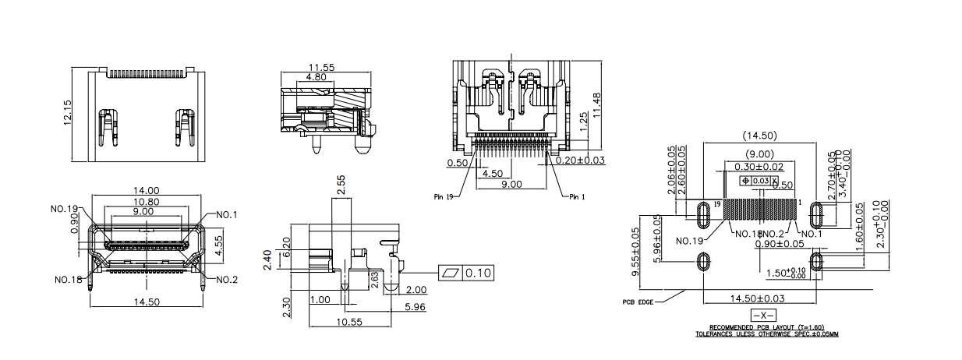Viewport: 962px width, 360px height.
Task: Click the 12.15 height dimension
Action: coord(68,113)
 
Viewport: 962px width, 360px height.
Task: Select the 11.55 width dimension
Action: coord(320,68)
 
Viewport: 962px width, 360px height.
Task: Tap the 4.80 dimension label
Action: coord(317,78)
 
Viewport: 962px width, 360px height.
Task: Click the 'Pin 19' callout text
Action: coord(445,196)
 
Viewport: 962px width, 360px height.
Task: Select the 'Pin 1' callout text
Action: coord(577,196)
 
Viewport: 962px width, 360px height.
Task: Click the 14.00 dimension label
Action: coord(146,191)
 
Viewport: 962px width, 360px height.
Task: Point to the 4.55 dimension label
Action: coord(220,242)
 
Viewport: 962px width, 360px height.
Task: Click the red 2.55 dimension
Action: coord(341,185)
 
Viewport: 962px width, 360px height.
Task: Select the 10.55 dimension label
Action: coord(349,321)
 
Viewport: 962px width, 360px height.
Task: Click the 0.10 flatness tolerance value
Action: coord(478,274)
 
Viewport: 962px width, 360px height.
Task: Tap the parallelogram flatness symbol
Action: coord(451,274)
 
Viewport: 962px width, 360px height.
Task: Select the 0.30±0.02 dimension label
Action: coord(760,166)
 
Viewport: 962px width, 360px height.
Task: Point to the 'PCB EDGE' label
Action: coord(638,302)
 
